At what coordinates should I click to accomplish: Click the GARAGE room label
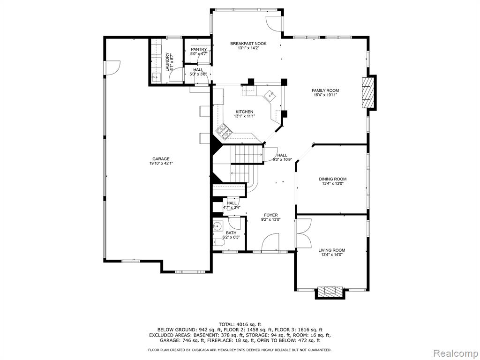pos(161,158)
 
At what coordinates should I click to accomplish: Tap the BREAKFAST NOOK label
pos(248,44)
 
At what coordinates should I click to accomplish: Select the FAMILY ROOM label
pos(325,90)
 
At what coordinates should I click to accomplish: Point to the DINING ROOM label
pos(332,179)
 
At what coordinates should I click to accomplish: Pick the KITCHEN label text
pos(244,112)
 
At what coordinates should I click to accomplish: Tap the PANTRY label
pos(199,49)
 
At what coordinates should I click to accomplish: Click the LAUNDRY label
pos(167,62)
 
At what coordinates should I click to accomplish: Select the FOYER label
pos(270,215)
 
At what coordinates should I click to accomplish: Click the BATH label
pos(231,232)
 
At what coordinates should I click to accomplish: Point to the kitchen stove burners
pos(224,132)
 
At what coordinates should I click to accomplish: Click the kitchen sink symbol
pos(270,96)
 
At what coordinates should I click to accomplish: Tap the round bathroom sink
pos(217,226)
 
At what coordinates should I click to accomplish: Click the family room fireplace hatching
pos(368,92)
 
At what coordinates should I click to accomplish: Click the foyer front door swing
pos(270,242)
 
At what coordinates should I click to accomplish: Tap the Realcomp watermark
pos(456,353)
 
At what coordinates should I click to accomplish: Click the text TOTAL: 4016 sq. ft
pos(240,324)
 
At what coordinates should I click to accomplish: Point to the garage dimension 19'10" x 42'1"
pos(161,164)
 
